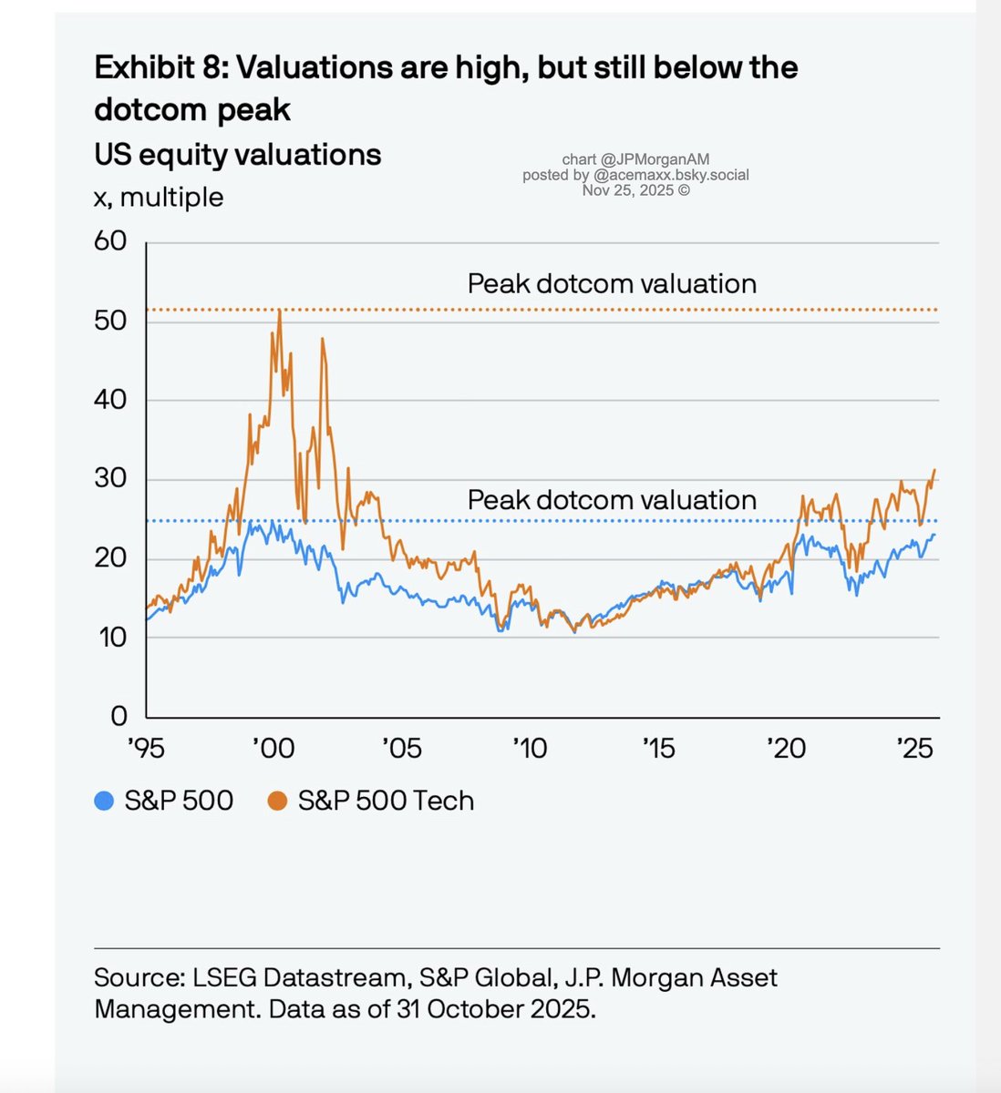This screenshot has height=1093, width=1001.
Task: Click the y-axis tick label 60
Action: click(x=110, y=241)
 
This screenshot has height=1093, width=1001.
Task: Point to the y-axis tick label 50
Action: click(x=110, y=322)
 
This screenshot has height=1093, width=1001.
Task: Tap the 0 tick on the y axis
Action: click(x=119, y=716)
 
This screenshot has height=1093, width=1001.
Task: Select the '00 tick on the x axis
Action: click(x=273, y=749)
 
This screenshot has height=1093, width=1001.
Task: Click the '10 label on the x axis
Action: click(x=529, y=749)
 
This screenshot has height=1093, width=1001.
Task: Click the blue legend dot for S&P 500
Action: click(x=104, y=802)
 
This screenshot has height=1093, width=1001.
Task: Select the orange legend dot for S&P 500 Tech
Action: click(x=278, y=802)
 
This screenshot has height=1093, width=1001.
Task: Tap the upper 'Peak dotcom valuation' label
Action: click(x=612, y=284)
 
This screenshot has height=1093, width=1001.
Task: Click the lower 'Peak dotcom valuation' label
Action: click(x=612, y=500)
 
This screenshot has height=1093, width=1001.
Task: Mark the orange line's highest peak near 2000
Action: click(x=279, y=311)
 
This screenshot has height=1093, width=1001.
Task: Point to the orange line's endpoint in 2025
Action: click(x=935, y=470)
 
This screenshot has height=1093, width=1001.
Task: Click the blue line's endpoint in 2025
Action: click(x=934, y=535)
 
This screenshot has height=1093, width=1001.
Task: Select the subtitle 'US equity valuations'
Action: click(x=237, y=155)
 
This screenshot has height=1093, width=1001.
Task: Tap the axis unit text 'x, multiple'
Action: click(x=159, y=198)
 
